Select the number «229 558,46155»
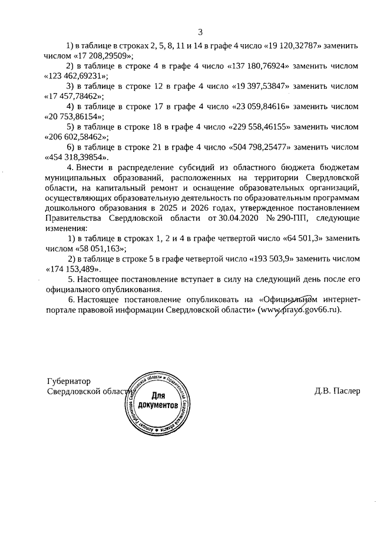[x=255, y=127]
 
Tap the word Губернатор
[x=68, y=381]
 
